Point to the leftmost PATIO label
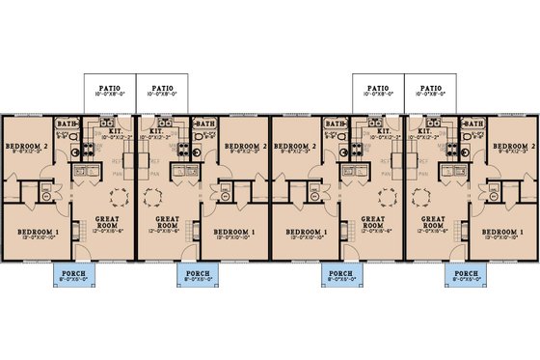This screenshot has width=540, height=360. (x=109, y=89)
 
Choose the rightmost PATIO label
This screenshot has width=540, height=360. (x=429, y=89)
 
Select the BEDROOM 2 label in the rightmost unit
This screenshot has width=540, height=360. (x=511, y=145)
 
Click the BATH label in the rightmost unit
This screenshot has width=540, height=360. (x=472, y=124)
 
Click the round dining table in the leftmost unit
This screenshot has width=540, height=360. (x=118, y=197)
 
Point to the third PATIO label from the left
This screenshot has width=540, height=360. (x=377, y=89)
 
